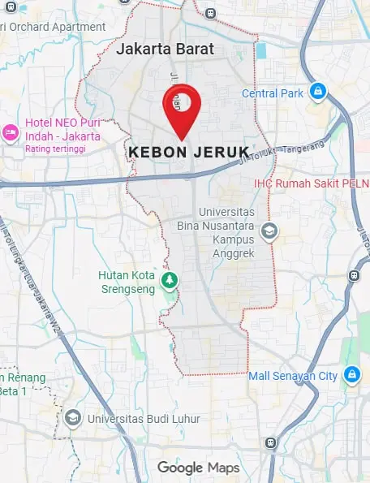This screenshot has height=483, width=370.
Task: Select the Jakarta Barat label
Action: tap(165, 49)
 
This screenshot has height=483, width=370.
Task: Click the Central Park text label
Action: tap(273, 93)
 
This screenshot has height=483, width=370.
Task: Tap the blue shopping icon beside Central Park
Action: tap(319, 90)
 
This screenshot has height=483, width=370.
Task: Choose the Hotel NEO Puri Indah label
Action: tap(62, 129)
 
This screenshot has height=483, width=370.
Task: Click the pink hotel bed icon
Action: tap(10, 132)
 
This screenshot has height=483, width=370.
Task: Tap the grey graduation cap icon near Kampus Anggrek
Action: tap(269, 233)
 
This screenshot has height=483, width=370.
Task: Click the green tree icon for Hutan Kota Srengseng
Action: tap(169, 281)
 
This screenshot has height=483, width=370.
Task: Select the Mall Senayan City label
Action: tap(292, 376)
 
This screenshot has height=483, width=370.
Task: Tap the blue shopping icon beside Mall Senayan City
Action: tap(351, 374)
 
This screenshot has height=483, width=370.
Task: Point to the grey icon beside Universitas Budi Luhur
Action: tap(73, 417)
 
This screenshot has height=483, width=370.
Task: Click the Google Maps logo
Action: tap(198, 468)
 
